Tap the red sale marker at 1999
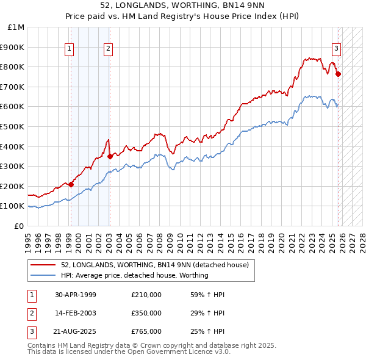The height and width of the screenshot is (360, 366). coord(71,184)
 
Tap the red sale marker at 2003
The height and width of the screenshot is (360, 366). coord(110,156)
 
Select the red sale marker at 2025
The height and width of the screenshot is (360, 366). coord(339,74)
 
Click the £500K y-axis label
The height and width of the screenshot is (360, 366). coord(13,127)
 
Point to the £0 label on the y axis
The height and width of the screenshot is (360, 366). coord(19,226)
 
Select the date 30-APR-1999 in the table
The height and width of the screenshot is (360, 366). coord(76,295)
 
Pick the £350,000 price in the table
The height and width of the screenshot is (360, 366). coord(146,313)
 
